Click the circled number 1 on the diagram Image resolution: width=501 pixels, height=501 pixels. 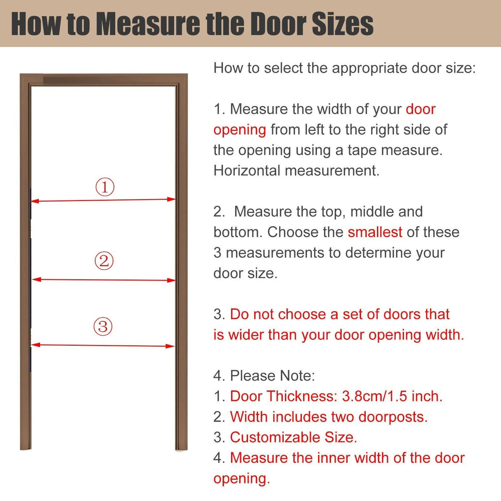105,187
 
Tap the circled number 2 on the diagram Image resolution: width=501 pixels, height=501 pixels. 104,261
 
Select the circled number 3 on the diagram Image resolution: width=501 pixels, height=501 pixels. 103,326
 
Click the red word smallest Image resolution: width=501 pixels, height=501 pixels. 375,232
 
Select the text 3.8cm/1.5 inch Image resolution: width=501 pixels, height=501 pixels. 392,396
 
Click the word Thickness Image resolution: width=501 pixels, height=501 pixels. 302,396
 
